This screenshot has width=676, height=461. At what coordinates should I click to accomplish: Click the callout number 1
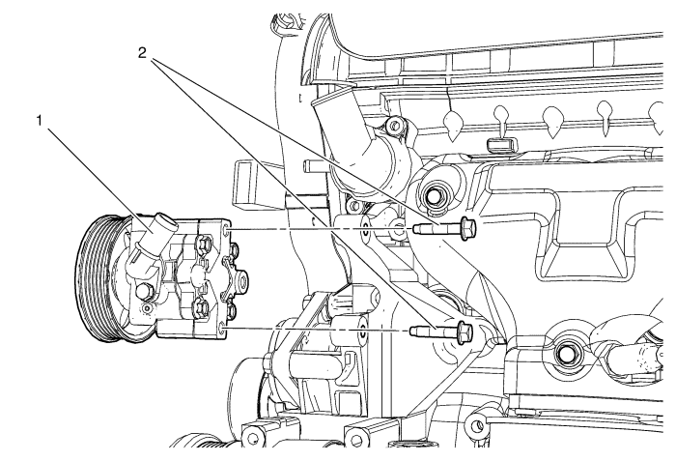coord(40,121)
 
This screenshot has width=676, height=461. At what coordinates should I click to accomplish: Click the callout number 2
coord(142,53)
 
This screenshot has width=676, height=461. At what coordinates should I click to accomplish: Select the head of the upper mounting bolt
coord(468,228)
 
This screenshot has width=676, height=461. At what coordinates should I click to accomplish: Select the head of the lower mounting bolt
coord(465,331)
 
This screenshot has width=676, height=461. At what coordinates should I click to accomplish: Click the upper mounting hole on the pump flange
coord(228,230)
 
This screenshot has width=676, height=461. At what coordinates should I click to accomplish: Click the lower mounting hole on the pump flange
coord(222,331)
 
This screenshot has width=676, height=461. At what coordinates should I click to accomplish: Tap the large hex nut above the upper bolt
coord(431,196)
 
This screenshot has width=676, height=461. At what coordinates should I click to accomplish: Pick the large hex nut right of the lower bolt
coord(563,354)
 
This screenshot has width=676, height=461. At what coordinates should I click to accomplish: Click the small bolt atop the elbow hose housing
coord(393,126)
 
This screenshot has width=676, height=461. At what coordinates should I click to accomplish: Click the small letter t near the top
coord(300,99)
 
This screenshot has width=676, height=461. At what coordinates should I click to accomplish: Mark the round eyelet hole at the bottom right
coord(477,427)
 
